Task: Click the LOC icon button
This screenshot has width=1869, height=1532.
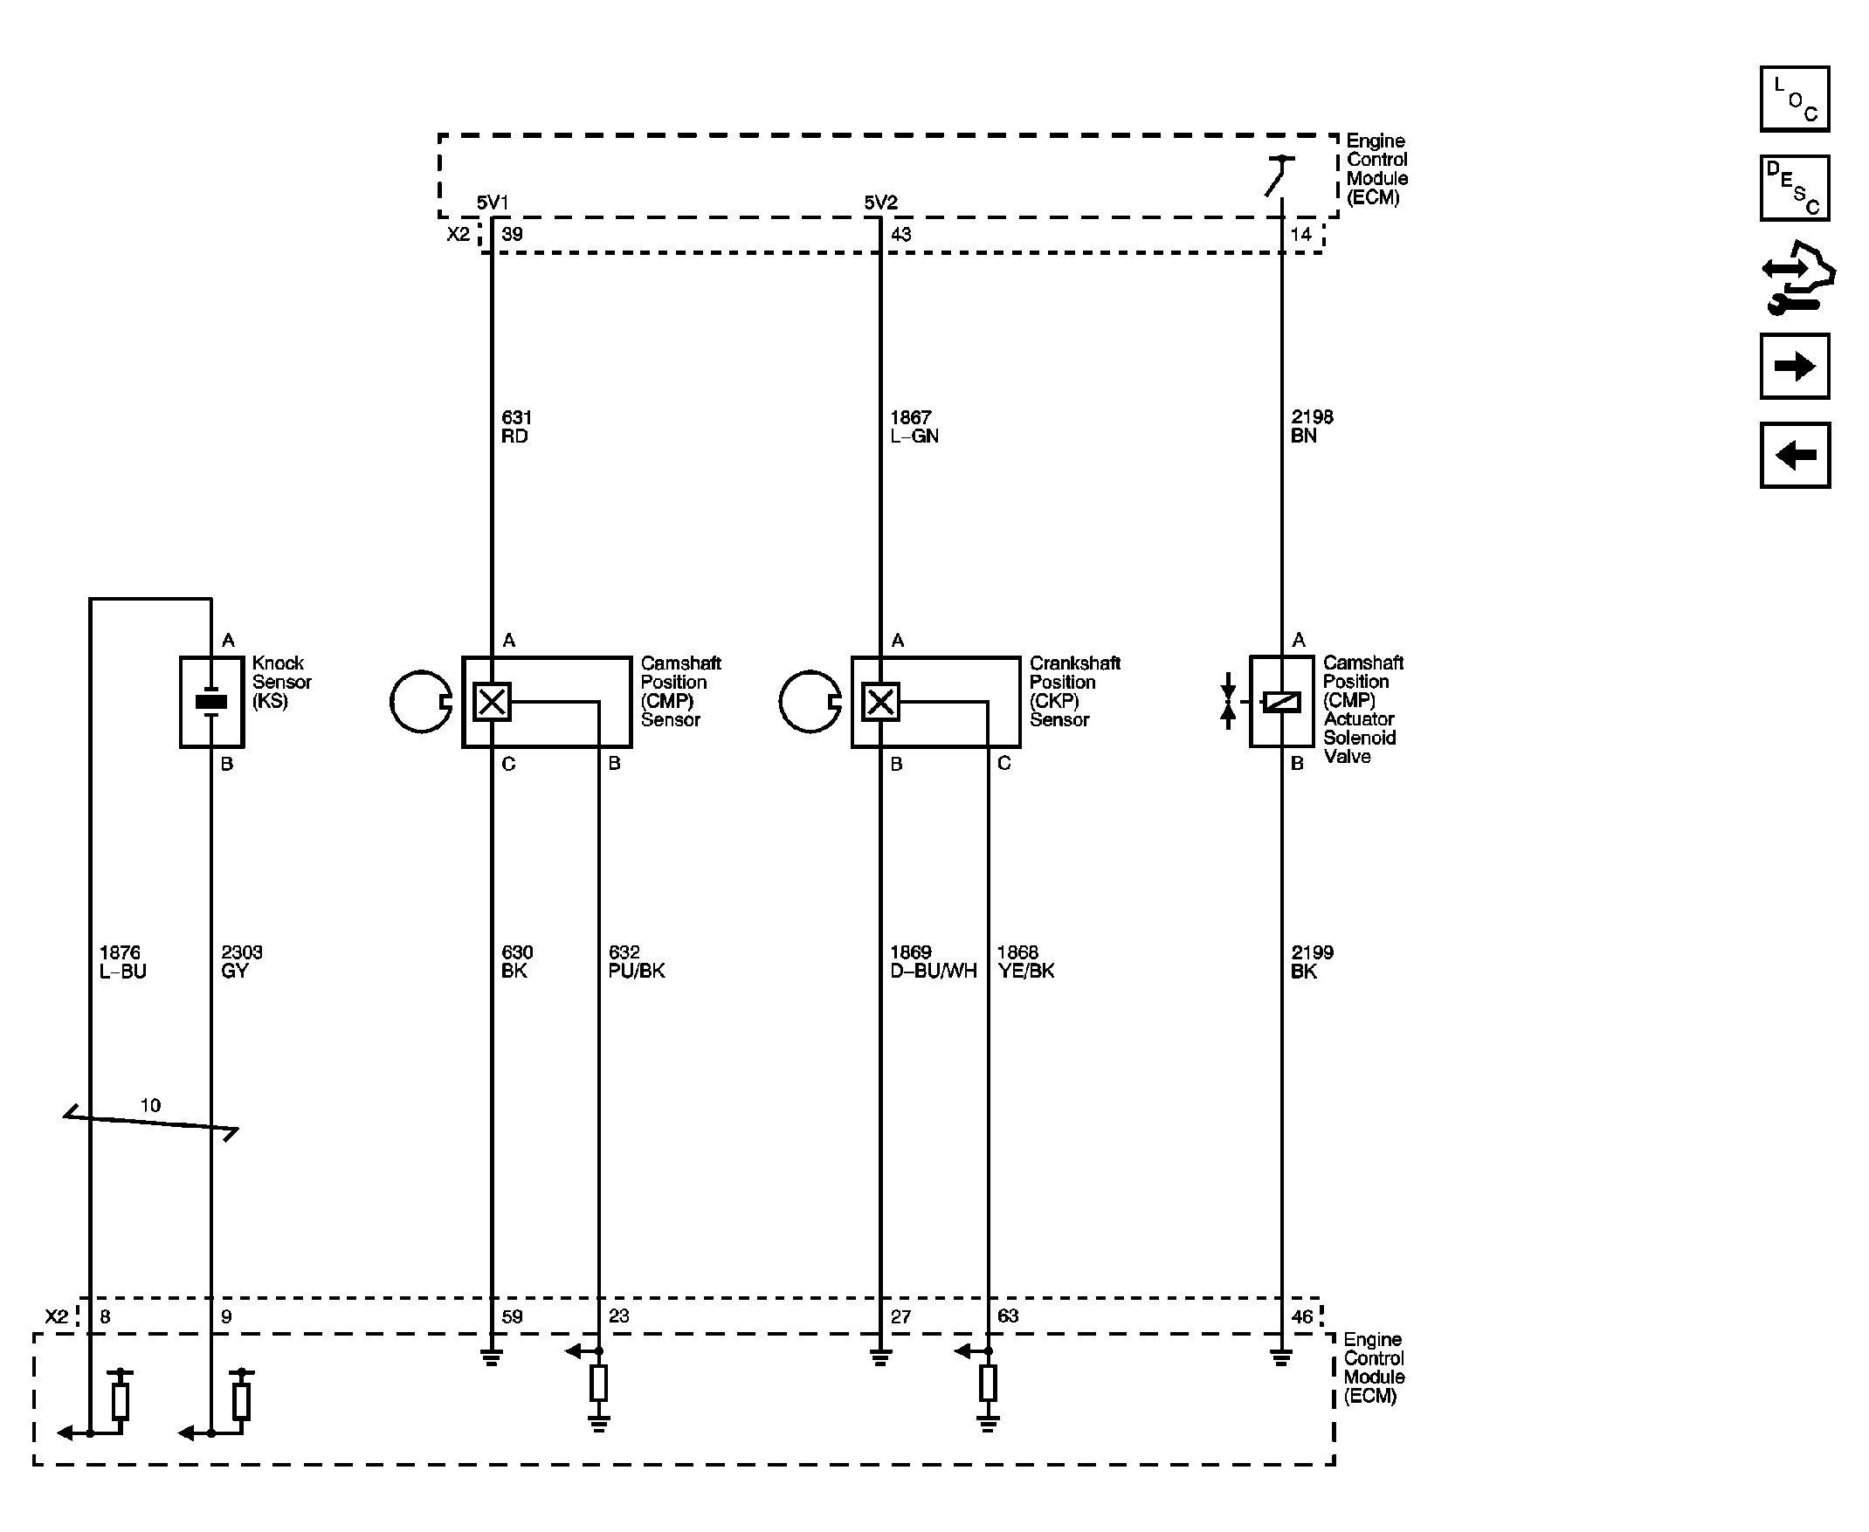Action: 1794,99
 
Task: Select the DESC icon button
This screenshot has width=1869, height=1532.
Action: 1794,188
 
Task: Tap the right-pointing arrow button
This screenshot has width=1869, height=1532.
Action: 1794,367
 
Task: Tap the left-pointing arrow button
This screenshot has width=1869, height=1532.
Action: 1794,456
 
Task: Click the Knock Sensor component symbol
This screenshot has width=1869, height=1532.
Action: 212,702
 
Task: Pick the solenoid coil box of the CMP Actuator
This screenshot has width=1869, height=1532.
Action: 1281,702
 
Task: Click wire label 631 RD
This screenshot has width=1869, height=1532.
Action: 516,426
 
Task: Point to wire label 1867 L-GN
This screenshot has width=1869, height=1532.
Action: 914,426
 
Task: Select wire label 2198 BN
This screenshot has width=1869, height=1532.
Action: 1312,426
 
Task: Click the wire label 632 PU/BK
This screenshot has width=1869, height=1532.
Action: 637,961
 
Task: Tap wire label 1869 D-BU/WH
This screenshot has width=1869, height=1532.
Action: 933,961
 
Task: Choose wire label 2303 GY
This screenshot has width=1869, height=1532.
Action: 242,961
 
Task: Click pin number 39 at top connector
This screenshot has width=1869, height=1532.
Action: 512,235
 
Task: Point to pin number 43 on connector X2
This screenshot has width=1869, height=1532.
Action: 900,235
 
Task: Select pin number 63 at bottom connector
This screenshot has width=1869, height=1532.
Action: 1008,1316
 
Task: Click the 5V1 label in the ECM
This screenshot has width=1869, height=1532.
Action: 493,203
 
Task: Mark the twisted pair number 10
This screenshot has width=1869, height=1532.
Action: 150,1105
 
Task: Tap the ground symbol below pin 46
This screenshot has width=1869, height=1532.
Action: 1281,1357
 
